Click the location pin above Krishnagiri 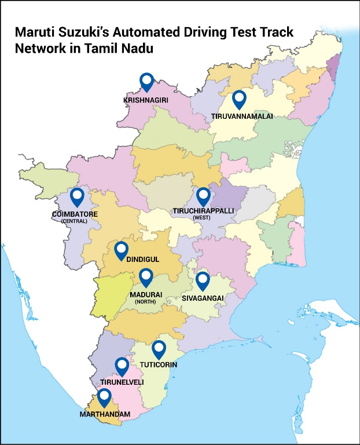147,82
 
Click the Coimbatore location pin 77,197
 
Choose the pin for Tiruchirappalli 203,197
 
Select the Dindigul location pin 121,250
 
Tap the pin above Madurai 145,277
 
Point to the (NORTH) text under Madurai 145,302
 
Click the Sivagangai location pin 202,280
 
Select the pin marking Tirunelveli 122,366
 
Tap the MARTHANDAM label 105,414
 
